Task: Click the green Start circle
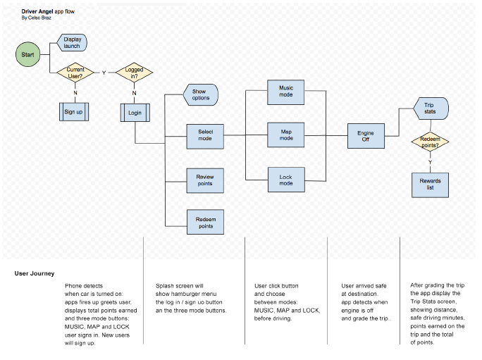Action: point(27,54)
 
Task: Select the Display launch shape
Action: point(72,42)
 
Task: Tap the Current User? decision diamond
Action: point(75,73)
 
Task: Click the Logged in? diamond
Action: point(135,73)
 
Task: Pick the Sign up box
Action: point(74,111)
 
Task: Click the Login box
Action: point(135,113)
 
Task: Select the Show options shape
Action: point(201,94)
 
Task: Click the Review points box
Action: point(205,180)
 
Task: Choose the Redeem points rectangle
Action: point(205,222)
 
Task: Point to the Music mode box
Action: point(286,92)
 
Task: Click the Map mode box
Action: point(286,135)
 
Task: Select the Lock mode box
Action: point(286,180)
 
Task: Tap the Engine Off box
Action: point(366,136)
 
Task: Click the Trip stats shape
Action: point(431,108)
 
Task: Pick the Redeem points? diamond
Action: point(430,142)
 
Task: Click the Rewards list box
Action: point(430,185)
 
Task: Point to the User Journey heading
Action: point(35,273)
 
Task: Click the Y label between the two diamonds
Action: point(104,73)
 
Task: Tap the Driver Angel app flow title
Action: point(48,11)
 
